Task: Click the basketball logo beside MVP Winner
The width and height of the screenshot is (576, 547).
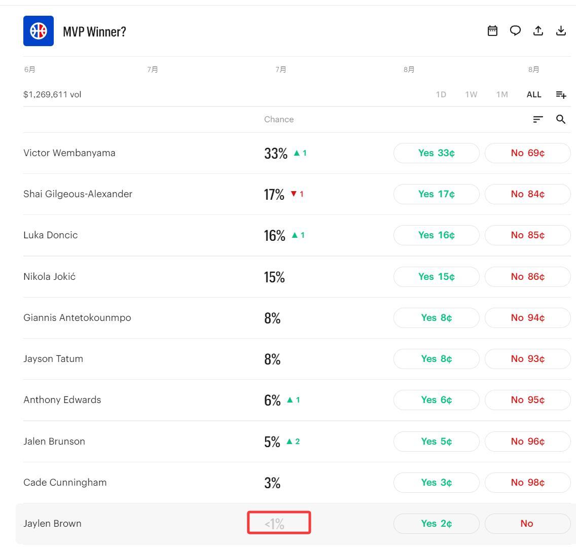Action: [x=38, y=31]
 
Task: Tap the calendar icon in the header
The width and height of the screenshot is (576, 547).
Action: [x=492, y=31]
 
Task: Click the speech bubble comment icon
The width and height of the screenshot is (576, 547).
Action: [x=515, y=31]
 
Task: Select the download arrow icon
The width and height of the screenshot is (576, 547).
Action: [x=561, y=31]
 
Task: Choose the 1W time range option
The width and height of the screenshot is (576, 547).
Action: [x=471, y=94]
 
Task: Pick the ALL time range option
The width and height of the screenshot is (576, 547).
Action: [x=534, y=94]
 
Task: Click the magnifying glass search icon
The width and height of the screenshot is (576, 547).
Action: [x=561, y=119]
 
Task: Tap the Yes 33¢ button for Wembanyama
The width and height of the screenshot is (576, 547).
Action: [x=437, y=153]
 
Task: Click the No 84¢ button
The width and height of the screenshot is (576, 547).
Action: [x=527, y=194]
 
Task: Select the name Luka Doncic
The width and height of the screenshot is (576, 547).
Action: [x=51, y=235]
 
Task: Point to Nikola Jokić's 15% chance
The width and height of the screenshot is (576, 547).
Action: [x=274, y=277]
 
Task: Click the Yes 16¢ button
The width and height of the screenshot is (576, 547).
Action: [x=437, y=235]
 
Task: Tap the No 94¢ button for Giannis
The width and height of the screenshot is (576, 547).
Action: [x=527, y=318]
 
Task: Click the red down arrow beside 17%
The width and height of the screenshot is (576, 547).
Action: [x=294, y=194]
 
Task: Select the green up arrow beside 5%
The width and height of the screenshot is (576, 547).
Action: [x=290, y=441]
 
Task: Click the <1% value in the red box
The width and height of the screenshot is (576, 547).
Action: [x=274, y=524]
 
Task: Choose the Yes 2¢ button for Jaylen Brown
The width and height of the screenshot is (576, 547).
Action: [x=437, y=524]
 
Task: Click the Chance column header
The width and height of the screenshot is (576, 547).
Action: [x=279, y=120]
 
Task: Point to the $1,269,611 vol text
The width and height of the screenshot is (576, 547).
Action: [x=52, y=94]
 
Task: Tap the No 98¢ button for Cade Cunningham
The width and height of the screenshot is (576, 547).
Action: [x=527, y=482]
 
